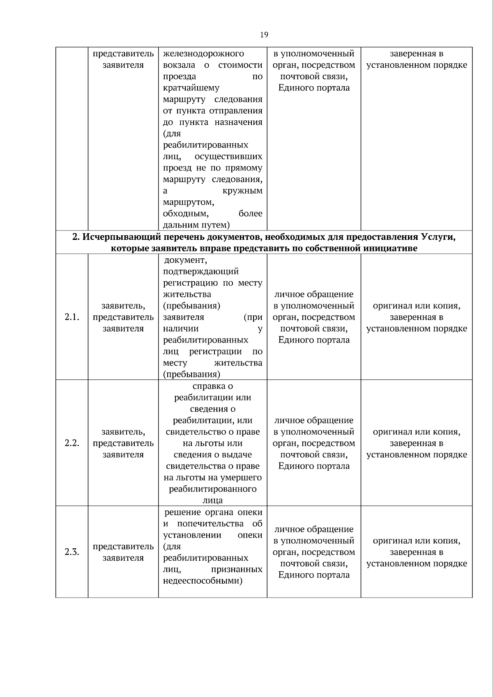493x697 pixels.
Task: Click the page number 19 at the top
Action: pyautogui.click(x=264, y=35)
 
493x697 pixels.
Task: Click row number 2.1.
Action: pyautogui.click(x=71, y=317)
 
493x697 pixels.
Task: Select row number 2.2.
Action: pyautogui.click(x=71, y=443)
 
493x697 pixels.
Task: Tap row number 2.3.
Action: pyautogui.click(x=71, y=552)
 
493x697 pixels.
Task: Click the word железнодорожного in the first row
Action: pyautogui.click(x=203, y=54)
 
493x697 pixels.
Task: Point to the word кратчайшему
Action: pyautogui.click(x=191, y=88)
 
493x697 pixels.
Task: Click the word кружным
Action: pyautogui.click(x=242, y=191)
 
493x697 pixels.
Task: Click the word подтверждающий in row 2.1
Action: pyautogui.click(x=200, y=271)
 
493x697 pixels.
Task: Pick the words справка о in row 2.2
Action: pyautogui.click(x=212, y=386)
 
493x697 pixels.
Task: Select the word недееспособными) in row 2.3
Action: pyautogui.click(x=203, y=581)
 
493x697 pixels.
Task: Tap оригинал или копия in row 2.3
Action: pyautogui.click(x=416, y=541)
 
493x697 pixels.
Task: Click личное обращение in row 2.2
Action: pyautogui.click(x=314, y=421)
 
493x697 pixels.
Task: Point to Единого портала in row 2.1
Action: pyautogui.click(x=314, y=340)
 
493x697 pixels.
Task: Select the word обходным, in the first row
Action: pyautogui.click(x=185, y=214)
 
